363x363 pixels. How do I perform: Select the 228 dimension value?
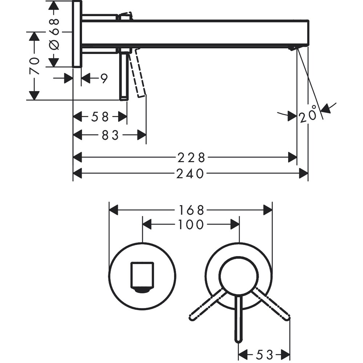(x=191, y=158)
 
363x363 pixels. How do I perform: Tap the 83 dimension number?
(x=110, y=135)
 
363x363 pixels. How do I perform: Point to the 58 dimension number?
(x=100, y=117)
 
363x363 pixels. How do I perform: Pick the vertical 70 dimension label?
(x=34, y=66)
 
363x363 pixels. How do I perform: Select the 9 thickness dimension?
(x=104, y=78)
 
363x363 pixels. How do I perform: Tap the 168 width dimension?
(x=191, y=210)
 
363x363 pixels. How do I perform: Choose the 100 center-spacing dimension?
(x=191, y=225)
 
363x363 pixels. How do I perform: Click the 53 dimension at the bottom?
(x=264, y=354)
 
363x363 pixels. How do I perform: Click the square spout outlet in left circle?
(x=142, y=276)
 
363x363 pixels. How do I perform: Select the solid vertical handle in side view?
(x=124, y=76)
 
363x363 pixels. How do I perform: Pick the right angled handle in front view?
(x=273, y=304)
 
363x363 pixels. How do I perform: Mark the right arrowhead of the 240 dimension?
(x=303, y=174)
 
